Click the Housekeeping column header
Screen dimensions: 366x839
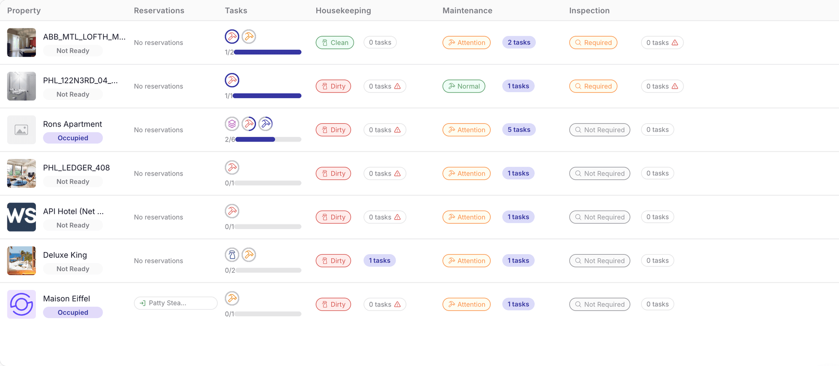343,10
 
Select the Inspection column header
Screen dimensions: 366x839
589,10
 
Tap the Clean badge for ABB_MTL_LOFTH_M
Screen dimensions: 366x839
335,42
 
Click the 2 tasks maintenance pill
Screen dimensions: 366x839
519,42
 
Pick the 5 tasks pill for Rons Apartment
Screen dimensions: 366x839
519,130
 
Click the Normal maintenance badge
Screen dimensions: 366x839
464,86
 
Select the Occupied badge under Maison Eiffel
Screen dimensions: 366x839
73,312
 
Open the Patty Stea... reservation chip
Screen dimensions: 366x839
175,303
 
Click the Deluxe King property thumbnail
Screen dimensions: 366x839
21,261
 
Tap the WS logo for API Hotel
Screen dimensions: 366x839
21,217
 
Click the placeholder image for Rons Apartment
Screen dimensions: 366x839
21,130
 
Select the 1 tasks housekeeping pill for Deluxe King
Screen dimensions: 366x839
379,261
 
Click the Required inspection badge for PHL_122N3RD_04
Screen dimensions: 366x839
593,86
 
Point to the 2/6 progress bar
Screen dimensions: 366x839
268,139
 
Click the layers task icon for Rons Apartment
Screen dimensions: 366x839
232,124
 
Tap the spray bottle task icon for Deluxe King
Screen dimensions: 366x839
232,255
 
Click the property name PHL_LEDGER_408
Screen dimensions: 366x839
76,168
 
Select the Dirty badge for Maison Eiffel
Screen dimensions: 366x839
333,304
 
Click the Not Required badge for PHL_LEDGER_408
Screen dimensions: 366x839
600,173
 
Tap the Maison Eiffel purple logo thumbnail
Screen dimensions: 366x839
21,304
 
